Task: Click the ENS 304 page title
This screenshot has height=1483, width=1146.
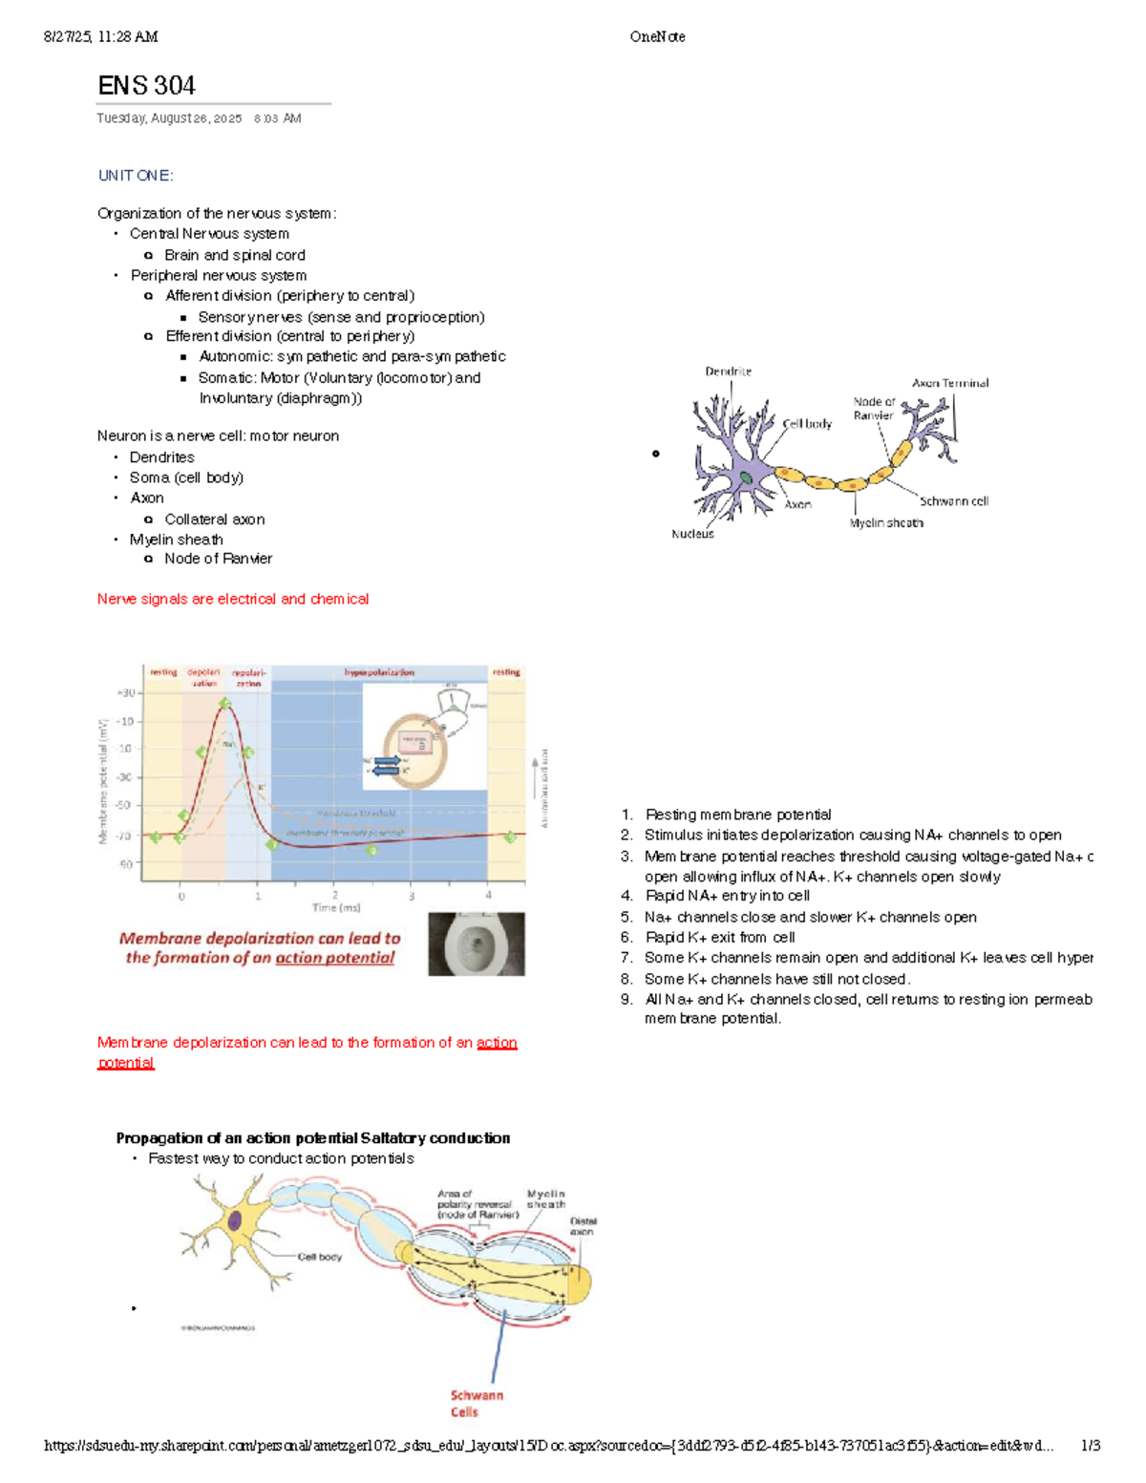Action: point(146,86)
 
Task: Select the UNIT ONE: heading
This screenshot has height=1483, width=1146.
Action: point(136,176)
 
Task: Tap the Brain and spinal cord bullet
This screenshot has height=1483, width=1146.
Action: point(234,255)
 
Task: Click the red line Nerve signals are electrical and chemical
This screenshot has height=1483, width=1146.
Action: point(232,599)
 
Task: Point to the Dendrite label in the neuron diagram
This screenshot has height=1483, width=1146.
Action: point(728,371)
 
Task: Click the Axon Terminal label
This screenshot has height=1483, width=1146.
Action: point(949,383)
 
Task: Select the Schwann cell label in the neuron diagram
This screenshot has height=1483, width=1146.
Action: point(953,500)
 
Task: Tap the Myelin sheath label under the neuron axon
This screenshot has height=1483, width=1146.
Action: point(886,522)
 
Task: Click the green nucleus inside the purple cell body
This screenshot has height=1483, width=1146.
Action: point(746,477)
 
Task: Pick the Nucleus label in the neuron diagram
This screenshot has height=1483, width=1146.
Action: point(692,534)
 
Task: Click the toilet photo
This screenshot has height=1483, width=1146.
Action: point(476,943)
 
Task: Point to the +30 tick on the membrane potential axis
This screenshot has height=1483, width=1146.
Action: point(125,693)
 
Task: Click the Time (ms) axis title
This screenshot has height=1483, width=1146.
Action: point(336,907)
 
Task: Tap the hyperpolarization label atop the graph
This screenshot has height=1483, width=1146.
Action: point(379,672)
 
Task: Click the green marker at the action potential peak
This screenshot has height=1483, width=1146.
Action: point(224,704)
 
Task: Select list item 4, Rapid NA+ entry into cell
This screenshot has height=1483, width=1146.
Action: point(727,896)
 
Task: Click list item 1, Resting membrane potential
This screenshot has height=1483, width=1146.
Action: point(737,815)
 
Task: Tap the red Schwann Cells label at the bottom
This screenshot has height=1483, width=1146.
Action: point(476,1403)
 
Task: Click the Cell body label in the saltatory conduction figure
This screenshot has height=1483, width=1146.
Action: point(319,1257)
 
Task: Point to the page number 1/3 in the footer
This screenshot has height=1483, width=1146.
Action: point(1090,1446)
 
